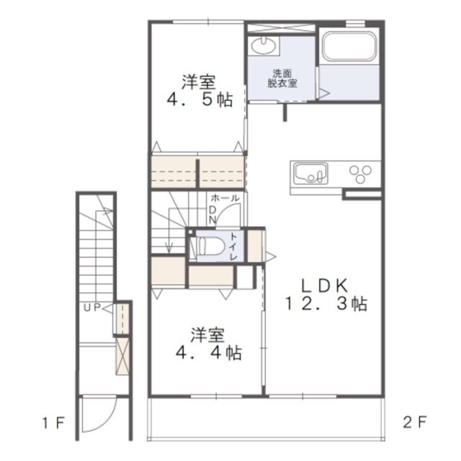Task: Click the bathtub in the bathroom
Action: click(x=349, y=47)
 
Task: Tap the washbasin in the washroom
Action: click(x=264, y=46)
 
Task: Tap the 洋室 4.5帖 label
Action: click(x=200, y=90)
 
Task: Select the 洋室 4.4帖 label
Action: click(x=208, y=343)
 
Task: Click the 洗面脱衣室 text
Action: click(x=282, y=78)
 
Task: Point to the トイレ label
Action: click(x=233, y=246)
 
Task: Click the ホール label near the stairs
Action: click(x=225, y=198)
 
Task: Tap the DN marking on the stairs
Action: click(x=213, y=215)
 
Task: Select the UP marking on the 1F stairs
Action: click(x=92, y=308)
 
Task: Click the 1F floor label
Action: click(x=53, y=423)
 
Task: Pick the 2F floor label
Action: click(x=414, y=423)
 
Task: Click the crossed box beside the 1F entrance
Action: click(x=122, y=356)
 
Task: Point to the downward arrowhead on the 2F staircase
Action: click(x=169, y=249)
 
